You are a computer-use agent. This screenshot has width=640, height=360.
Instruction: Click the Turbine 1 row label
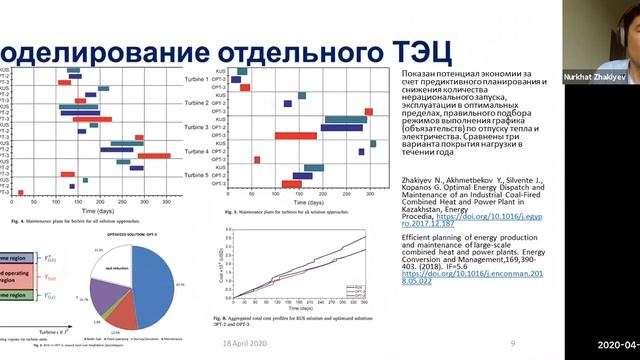(x=195, y=78)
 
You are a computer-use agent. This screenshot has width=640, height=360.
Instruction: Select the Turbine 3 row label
(x=195, y=127)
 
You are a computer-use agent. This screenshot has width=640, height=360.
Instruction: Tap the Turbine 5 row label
(x=195, y=175)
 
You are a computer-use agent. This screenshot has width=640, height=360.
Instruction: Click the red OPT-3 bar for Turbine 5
(x=291, y=184)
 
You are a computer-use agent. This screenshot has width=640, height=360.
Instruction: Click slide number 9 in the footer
(x=512, y=343)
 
